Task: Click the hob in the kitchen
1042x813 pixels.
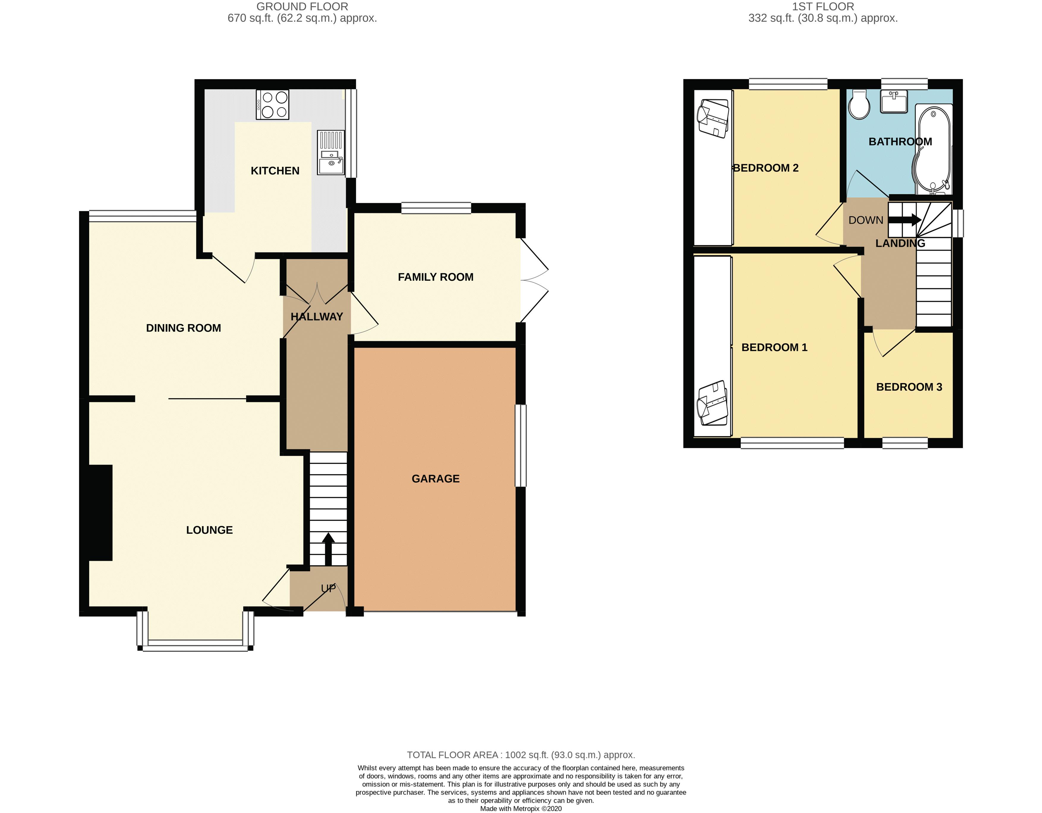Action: pyautogui.click(x=272, y=105)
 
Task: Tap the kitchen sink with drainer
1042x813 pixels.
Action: pyautogui.click(x=331, y=153)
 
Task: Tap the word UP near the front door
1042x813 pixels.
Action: pyautogui.click(x=328, y=588)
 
